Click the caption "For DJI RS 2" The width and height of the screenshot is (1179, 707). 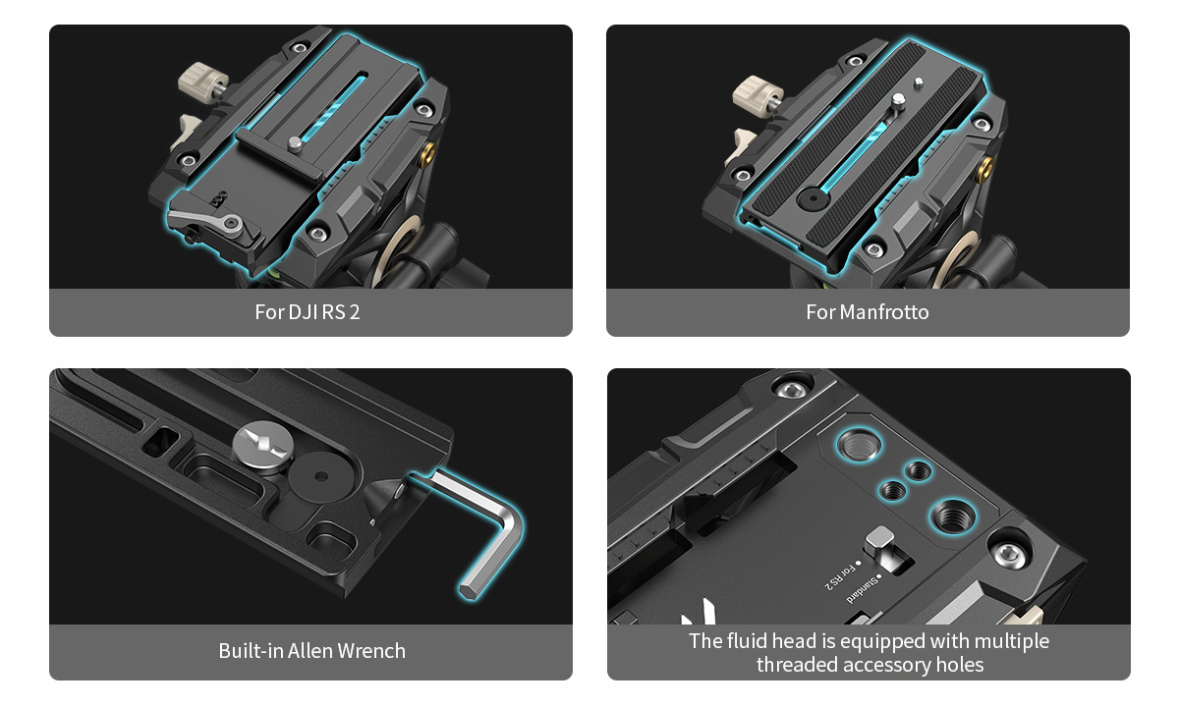click(x=308, y=312)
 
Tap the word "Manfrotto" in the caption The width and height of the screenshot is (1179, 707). click(x=884, y=312)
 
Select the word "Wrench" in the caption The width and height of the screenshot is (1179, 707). click(x=371, y=651)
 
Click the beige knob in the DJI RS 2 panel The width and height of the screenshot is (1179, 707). click(x=202, y=82)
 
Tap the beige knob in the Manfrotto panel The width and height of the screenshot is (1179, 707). click(x=757, y=93)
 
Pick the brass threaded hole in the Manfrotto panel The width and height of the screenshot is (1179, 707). click(x=985, y=168)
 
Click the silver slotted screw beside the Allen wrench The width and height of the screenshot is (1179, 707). click(x=262, y=446)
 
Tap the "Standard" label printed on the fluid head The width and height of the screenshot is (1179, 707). click(x=864, y=589)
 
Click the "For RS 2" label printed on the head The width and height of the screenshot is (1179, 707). click(x=841, y=577)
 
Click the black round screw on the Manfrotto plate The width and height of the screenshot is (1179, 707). click(x=813, y=198)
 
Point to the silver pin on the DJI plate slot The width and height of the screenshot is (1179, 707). click(x=296, y=143)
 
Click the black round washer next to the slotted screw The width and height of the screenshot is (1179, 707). click(x=320, y=476)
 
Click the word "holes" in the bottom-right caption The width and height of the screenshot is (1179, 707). click(x=960, y=665)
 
